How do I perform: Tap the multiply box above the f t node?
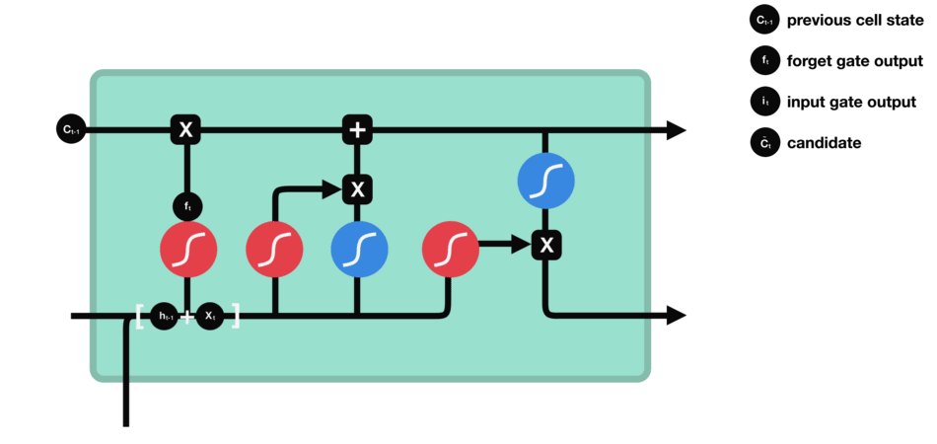tap(184, 129)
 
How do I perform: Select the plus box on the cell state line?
tap(357, 129)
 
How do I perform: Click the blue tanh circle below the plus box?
tap(357, 249)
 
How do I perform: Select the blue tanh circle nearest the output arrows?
tap(545, 182)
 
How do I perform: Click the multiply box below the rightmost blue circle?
tap(545, 244)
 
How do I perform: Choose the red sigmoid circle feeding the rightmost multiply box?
tap(449, 249)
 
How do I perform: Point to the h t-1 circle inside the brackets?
tap(165, 316)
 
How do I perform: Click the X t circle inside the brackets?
tap(209, 316)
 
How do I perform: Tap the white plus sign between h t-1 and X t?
tap(187, 317)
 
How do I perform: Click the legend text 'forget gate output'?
tap(854, 61)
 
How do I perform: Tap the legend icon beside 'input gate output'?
tap(764, 102)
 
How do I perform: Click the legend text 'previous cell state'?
tap(854, 20)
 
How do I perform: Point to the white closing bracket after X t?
tap(235, 316)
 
